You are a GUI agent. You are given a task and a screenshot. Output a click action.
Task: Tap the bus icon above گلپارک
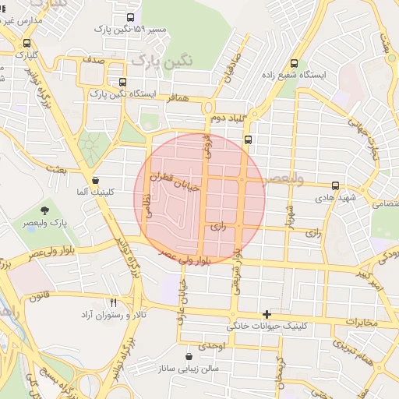pyautogui.click(x=28, y=44)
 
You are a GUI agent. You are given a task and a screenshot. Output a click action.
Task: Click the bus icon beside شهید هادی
pyautogui.click(x=336, y=185)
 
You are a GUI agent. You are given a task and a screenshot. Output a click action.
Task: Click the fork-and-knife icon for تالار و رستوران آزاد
pyautogui.click(x=114, y=302)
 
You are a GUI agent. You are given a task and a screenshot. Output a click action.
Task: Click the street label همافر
pyautogui.click(x=177, y=99)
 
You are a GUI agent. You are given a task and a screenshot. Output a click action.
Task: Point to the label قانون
pyautogui.click(x=40, y=297)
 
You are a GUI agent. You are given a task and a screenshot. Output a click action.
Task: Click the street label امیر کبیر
pyautogui.click(x=369, y=278)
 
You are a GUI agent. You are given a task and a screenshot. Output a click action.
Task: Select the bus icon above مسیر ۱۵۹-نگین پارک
pyautogui.click(x=129, y=17)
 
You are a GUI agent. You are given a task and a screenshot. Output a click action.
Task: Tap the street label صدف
pyautogui.click(x=94, y=60)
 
